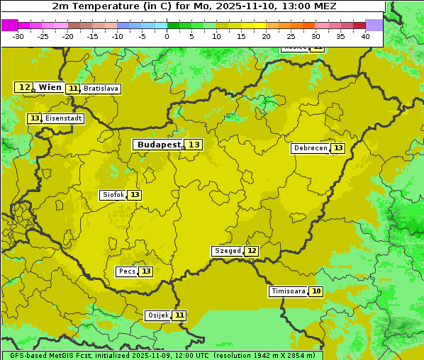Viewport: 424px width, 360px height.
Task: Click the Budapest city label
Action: (x=159, y=145)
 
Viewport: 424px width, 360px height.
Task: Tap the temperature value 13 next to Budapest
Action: (x=194, y=145)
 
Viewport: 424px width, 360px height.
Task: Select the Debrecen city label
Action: (x=310, y=148)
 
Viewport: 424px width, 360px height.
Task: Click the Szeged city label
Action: (x=228, y=251)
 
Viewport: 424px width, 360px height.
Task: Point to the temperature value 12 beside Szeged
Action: (x=252, y=251)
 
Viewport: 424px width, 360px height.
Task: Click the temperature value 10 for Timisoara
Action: (x=316, y=291)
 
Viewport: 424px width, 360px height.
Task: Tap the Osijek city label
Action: (x=158, y=315)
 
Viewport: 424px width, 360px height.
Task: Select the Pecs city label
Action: (x=127, y=271)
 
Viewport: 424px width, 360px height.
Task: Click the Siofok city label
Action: (x=113, y=195)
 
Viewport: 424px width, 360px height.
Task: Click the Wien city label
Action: (x=50, y=87)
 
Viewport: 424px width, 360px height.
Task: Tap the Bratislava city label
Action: (x=100, y=89)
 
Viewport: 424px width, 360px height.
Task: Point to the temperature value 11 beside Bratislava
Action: (x=73, y=89)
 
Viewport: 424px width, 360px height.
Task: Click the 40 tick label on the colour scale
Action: (x=365, y=36)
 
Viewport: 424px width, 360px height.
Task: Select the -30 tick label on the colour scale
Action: (x=18, y=36)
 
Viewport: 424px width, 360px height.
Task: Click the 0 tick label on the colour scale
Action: (x=167, y=36)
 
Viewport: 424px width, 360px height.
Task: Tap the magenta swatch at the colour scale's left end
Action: (x=9, y=25)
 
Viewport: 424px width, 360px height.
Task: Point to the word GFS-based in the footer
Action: (x=26, y=355)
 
